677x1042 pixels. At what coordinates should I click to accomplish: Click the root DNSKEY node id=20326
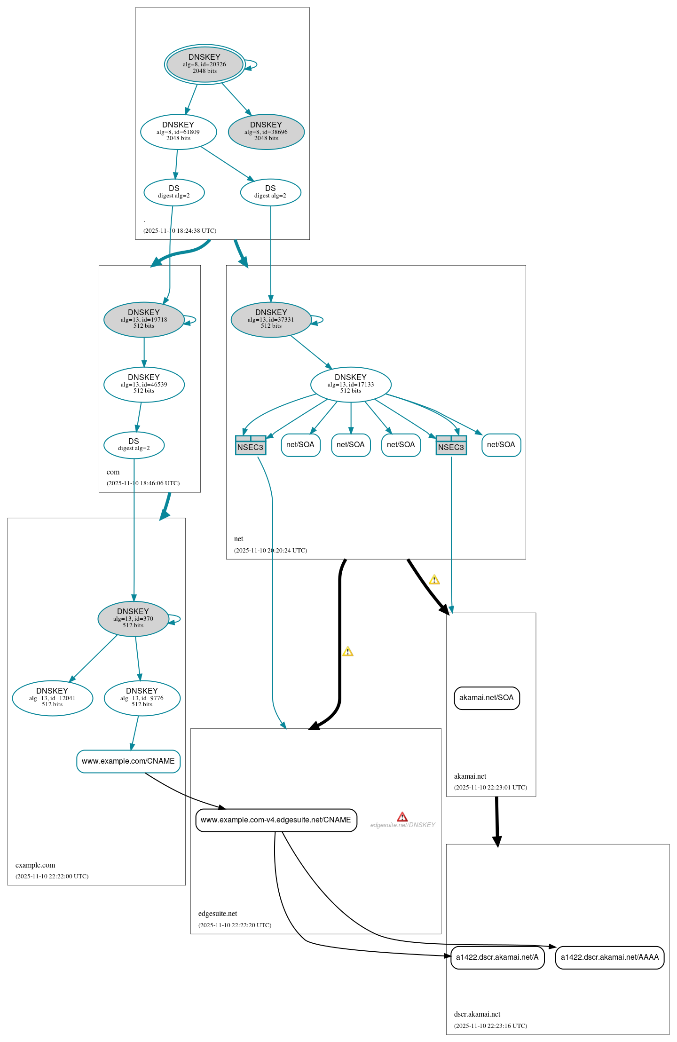pyautogui.click(x=205, y=64)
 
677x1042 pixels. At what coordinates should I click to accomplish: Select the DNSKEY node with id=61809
pyautogui.click(x=178, y=132)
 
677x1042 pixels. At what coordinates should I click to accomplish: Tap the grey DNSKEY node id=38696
pyautogui.click(x=266, y=132)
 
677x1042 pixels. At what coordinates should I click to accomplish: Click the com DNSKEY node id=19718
pyautogui.click(x=144, y=319)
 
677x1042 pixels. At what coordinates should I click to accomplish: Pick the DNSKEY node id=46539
pyautogui.click(x=144, y=384)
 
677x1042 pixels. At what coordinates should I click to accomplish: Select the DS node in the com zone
pyautogui.click(x=134, y=445)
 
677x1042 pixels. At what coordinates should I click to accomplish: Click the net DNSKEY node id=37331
pyautogui.click(x=271, y=319)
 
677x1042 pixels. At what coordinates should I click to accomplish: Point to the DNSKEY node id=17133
pyautogui.click(x=351, y=384)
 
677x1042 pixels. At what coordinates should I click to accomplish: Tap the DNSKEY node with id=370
pyautogui.click(x=133, y=618)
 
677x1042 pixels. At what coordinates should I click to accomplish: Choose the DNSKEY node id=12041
pyautogui.click(x=52, y=698)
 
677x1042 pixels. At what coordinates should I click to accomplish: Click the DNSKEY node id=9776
pyautogui.click(x=142, y=698)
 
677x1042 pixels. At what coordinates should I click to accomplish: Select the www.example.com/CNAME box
pyautogui.click(x=128, y=761)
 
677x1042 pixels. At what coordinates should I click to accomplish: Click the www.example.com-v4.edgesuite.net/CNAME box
pyautogui.click(x=276, y=820)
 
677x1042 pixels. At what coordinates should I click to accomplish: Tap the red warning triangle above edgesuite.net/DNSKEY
pyautogui.click(x=402, y=817)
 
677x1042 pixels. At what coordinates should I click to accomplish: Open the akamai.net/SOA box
pyautogui.click(x=487, y=698)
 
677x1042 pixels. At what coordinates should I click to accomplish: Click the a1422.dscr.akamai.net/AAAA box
pyautogui.click(x=610, y=957)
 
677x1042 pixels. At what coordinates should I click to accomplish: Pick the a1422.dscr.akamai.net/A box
pyautogui.click(x=497, y=957)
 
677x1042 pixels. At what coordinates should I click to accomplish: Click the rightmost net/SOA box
pyautogui.click(x=501, y=445)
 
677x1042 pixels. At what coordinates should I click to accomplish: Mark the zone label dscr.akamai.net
pyautogui.click(x=477, y=1014)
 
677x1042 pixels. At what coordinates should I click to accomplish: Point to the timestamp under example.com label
pyautogui.click(x=52, y=876)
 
